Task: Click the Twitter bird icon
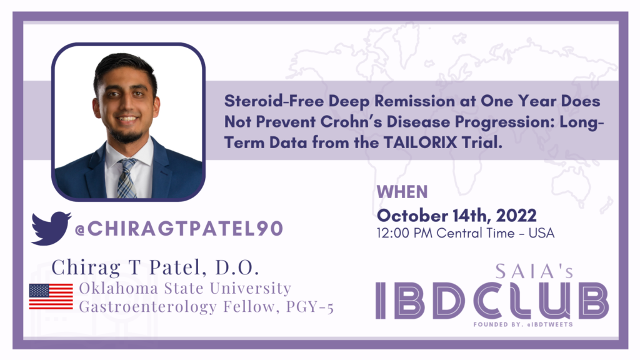tap(51, 228)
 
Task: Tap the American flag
tap(51, 297)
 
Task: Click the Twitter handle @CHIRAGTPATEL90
tap(179, 229)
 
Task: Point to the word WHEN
tap(402, 192)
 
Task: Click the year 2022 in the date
tap(516, 216)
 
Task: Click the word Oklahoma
tap(118, 288)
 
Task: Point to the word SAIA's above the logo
tap(535, 271)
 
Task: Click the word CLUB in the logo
tap(541, 301)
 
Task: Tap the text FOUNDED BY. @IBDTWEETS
tap(523, 324)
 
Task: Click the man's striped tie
tap(127, 179)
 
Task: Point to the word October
tap(412, 216)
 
